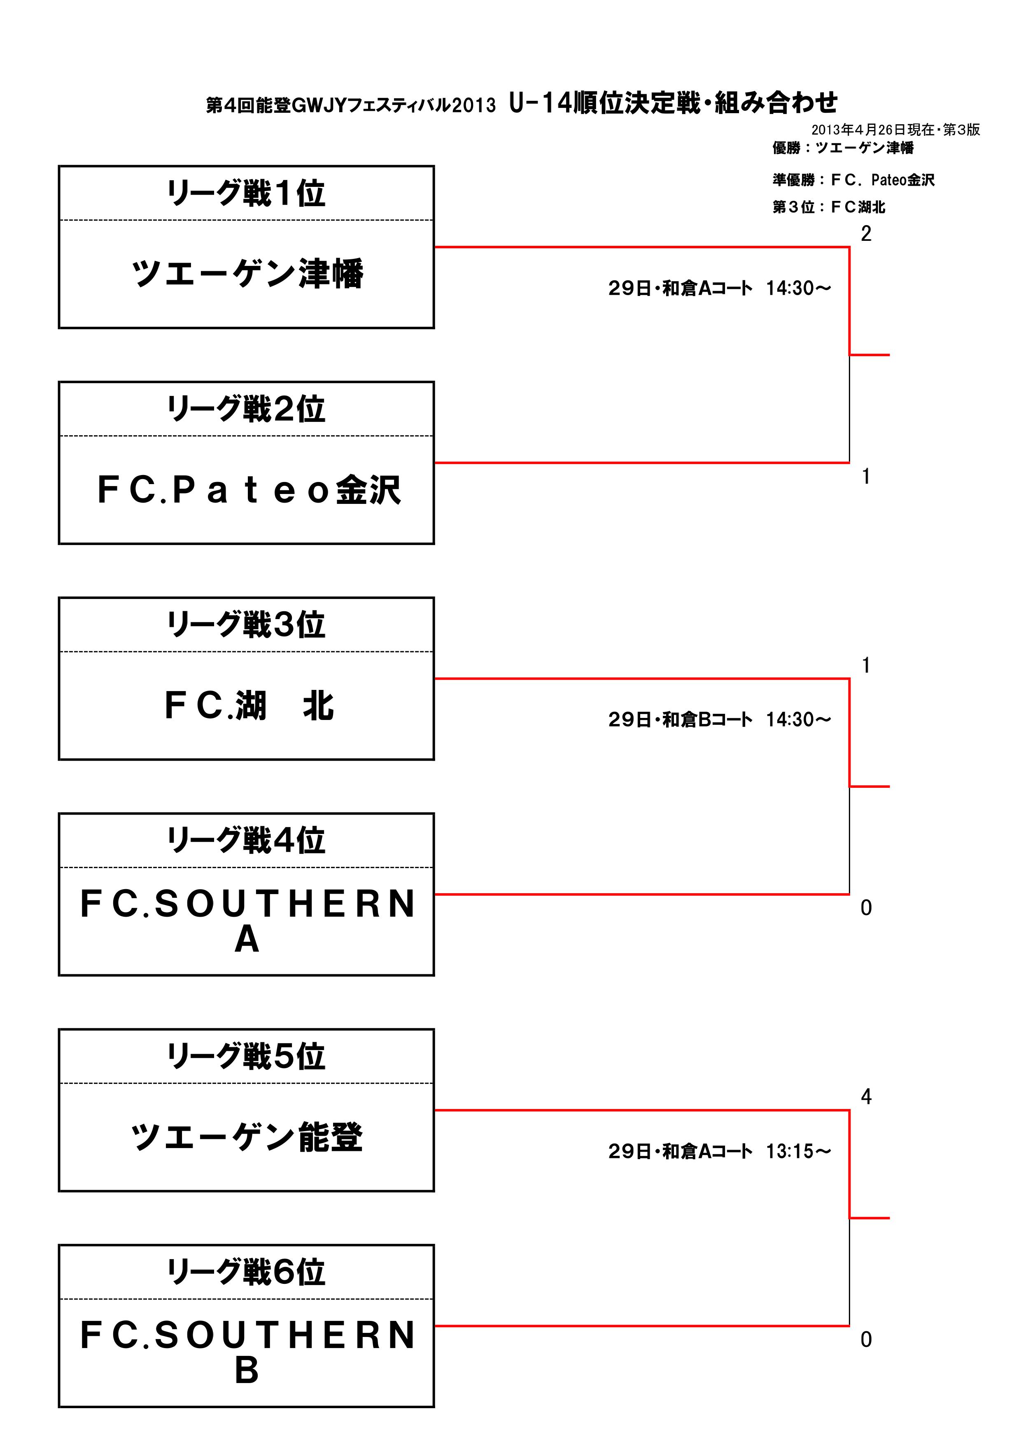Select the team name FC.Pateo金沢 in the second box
(x=249, y=489)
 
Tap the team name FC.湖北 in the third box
(x=249, y=705)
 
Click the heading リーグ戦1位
(x=246, y=193)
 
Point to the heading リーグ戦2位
(x=246, y=409)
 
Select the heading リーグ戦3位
(x=246, y=624)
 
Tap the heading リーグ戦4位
(x=246, y=840)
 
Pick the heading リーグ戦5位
(x=246, y=1056)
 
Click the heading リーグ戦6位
(x=246, y=1272)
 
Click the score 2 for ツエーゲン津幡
(x=866, y=233)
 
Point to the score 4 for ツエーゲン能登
(x=866, y=1097)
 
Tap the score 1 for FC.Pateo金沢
(x=866, y=476)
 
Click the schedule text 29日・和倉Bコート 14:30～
(x=720, y=720)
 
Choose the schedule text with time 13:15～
(x=720, y=1151)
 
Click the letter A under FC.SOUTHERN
(x=247, y=940)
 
